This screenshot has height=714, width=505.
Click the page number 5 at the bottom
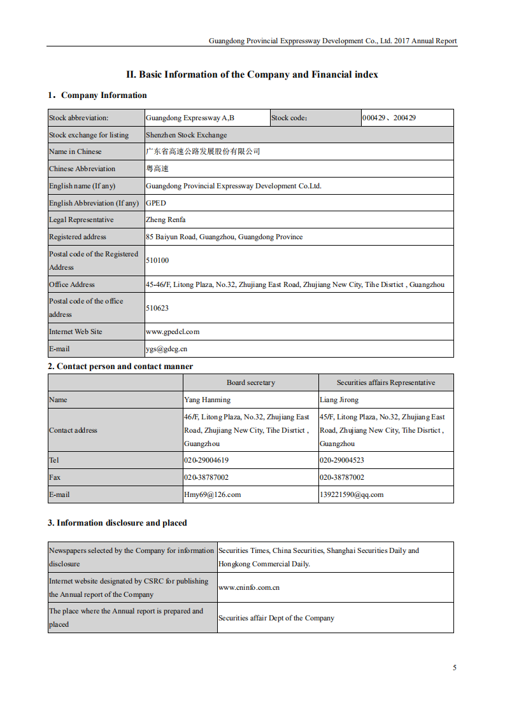455,668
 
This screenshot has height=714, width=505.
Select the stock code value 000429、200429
388,118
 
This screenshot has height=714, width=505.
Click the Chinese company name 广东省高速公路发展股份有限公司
203,151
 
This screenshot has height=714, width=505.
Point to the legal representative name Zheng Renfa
166,220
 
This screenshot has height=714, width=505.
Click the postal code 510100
157,260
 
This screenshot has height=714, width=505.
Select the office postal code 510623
157,307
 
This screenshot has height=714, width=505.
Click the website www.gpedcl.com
173,332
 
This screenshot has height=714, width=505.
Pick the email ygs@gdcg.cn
166,349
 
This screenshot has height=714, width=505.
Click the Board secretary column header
251,382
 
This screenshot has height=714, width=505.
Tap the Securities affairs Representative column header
386,382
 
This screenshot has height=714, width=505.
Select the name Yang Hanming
207,400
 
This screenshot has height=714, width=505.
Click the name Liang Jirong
339,400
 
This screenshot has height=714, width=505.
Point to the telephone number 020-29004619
206,460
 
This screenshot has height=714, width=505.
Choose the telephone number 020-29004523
342,460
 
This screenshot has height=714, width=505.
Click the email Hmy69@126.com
212,494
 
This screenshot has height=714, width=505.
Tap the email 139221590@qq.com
352,494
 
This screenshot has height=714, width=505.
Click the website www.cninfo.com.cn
249,587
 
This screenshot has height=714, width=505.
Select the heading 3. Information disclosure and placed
117,523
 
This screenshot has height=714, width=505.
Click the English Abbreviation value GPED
155,203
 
